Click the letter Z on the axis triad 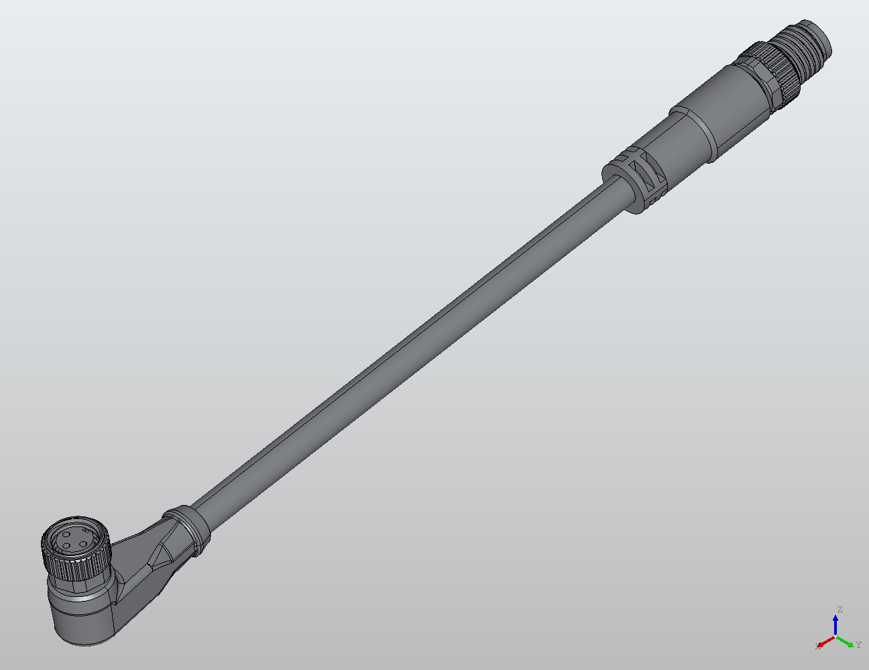[x=839, y=610]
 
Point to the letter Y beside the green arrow [x=858, y=645]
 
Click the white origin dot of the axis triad [x=835, y=636]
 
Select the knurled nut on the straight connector [x=778, y=74]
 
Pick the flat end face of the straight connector [x=825, y=39]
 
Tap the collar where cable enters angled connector [x=187, y=529]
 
